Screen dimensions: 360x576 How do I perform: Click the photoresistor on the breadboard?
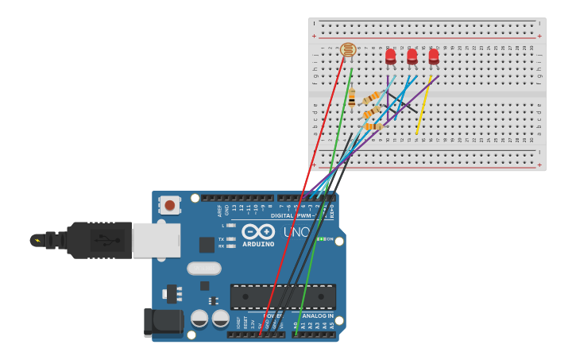click(348, 50)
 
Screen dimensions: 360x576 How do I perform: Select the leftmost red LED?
click(390, 56)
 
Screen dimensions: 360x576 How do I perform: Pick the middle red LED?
click(412, 56)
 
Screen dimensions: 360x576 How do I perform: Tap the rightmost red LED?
click(433, 56)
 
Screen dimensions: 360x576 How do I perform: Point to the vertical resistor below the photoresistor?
click(352, 99)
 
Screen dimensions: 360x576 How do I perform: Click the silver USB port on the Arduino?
click(156, 240)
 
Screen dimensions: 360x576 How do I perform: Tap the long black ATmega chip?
click(283, 296)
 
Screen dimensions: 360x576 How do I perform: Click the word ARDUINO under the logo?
click(258, 244)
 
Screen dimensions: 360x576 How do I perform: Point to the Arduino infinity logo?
click(258, 231)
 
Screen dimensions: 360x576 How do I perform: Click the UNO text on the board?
click(297, 232)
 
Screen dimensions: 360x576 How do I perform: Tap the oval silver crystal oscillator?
click(204, 269)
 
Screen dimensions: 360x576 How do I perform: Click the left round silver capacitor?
click(199, 319)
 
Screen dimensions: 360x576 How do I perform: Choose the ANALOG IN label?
click(318, 315)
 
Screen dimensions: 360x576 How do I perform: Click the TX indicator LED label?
click(222, 238)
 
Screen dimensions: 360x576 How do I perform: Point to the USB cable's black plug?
click(99, 240)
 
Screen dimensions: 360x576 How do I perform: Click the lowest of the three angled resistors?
click(373, 126)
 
